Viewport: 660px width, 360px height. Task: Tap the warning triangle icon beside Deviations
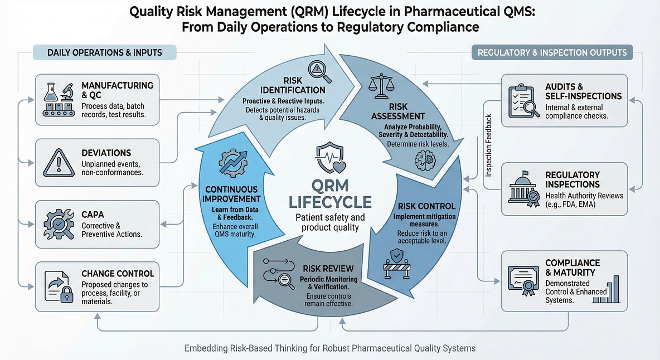point(58,162)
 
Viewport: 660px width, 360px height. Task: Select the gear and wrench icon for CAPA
point(58,224)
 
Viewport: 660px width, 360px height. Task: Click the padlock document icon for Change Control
point(58,285)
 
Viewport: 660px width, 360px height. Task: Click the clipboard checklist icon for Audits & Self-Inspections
point(523,100)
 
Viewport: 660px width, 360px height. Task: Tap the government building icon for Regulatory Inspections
point(523,189)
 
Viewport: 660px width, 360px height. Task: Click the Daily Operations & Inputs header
point(105,53)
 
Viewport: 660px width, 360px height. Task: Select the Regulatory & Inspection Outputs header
point(552,53)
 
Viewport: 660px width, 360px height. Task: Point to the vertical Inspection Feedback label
point(489,145)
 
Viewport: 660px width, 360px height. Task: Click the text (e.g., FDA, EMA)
point(570,204)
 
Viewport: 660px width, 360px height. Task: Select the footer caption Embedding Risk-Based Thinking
point(330,348)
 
